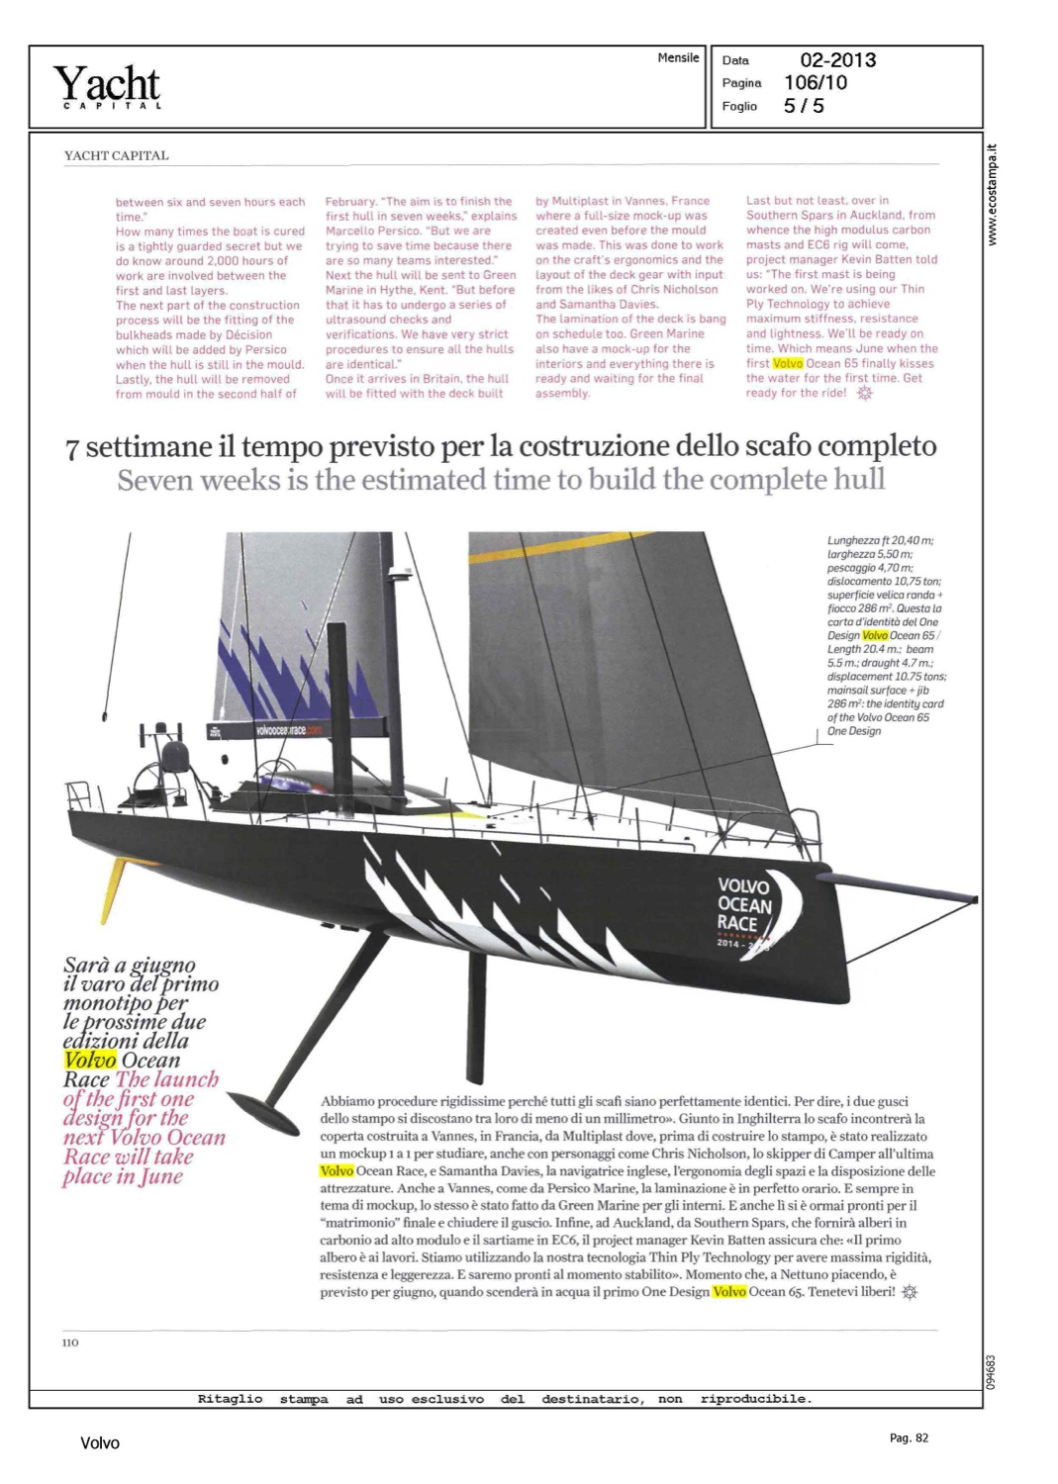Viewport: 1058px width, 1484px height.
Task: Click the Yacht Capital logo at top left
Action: [x=106, y=86]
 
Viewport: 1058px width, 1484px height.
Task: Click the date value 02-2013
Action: [x=837, y=60]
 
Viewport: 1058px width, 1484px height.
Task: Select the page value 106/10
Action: [x=815, y=83]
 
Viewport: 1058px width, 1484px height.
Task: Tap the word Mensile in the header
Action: [x=678, y=58]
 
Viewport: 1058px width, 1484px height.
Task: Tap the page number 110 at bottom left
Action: [x=70, y=1343]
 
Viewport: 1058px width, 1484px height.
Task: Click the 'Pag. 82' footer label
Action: [x=909, y=1438]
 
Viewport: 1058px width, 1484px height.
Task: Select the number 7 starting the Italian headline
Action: [x=72, y=448]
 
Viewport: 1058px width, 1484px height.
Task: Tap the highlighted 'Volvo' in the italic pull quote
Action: [x=90, y=1061]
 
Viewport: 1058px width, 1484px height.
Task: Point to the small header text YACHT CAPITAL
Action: [x=116, y=155]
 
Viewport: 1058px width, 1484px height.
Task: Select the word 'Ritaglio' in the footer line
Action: [x=230, y=1399]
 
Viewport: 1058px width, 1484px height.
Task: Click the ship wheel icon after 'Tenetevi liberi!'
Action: [x=910, y=1292]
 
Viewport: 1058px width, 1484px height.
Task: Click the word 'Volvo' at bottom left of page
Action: [x=99, y=1443]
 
